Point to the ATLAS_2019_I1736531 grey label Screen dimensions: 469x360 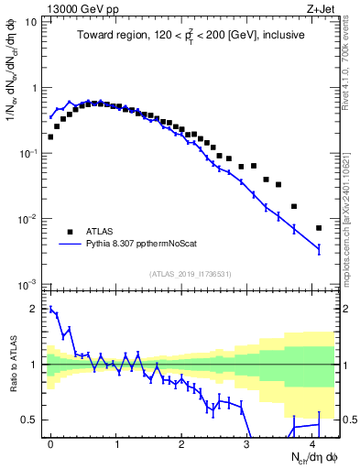coord(191,274)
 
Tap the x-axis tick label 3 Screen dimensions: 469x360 coord(247,443)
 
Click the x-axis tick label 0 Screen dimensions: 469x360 coord(49,443)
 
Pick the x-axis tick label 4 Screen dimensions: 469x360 coord(313,443)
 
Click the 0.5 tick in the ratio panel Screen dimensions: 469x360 coord(33,420)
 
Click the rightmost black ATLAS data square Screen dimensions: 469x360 coord(319,228)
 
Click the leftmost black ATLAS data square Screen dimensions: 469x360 coord(50,137)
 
